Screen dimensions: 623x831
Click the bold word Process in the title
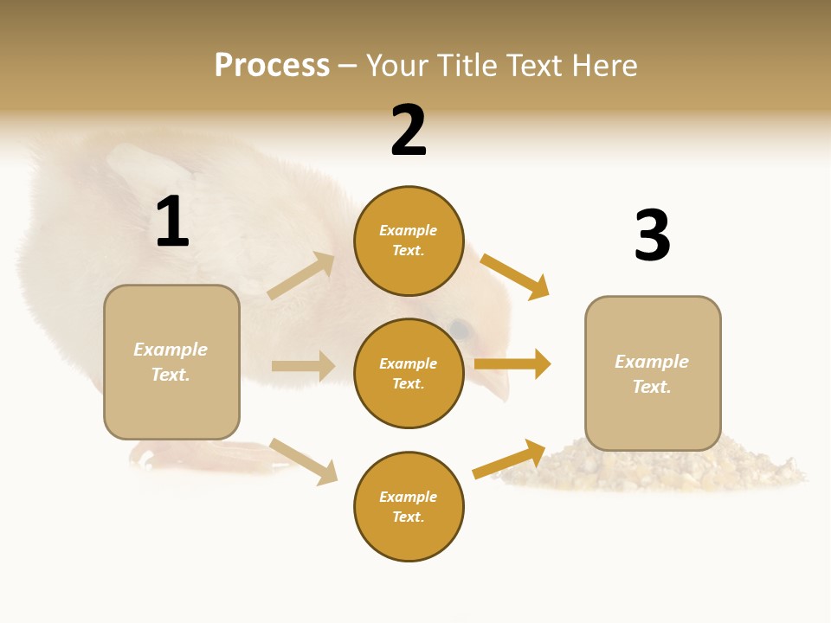[272, 65]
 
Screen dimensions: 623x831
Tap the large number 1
[172, 222]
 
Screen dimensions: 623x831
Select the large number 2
[409, 131]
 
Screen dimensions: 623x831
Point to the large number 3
[652, 235]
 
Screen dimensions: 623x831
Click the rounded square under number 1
[171, 362]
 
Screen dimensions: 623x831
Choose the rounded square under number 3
[653, 374]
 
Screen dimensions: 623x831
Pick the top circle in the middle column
[409, 241]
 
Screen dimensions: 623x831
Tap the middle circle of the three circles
[409, 373]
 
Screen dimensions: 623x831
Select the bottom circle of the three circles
[409, 506]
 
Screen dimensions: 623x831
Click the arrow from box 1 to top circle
[301, 275]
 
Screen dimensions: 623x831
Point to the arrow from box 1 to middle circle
[303, 366]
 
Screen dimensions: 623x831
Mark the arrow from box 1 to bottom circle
[303, 461]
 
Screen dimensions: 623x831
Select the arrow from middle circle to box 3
[512, 364]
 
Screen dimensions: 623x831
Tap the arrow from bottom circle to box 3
[509, 459]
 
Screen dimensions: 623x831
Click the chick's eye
[460, 330]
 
